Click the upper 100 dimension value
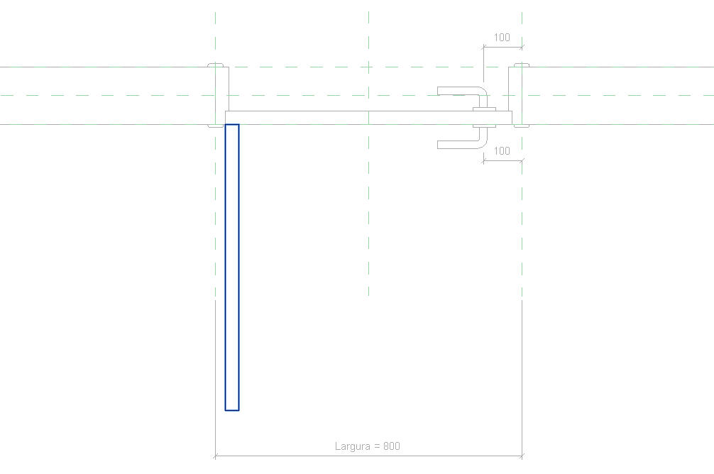point(502,38)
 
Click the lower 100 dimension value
point(502,151)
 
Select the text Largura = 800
point(368,446)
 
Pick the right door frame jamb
point(519,96)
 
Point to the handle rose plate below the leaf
point(483,126)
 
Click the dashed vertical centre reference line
point(369,213)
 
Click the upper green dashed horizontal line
point(106,67)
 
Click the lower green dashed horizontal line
point(106,94)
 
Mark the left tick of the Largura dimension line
point(215,455)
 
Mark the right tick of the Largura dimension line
point(522,455)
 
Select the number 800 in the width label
point(392,446)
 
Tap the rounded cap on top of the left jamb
point(216,65)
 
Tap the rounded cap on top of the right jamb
point(522,65)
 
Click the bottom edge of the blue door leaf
point(232,410)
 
